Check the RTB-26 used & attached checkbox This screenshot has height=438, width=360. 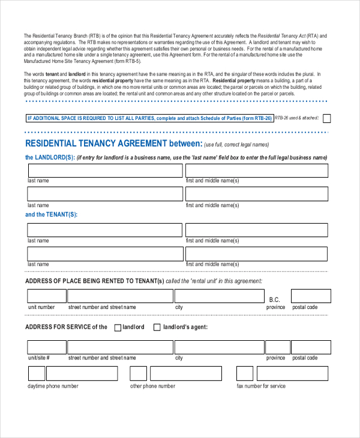click(x=326, y=118)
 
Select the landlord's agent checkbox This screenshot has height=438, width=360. click(x=157, y=327)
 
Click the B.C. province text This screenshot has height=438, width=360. click(x=275, y=299)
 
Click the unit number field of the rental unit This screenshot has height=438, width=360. click(x=47, y=296)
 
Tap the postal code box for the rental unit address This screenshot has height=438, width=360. click(x=310, y=296)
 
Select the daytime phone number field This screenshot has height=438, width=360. click(x=73, y=373)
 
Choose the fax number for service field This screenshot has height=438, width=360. click(x=293, y=373)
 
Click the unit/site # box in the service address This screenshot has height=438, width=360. click(x=47, y=347)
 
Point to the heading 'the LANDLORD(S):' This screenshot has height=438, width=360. click(x=50, y=157)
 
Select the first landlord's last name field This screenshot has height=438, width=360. click(x=104, y=170)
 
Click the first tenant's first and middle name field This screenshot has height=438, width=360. click(x=256, y=230)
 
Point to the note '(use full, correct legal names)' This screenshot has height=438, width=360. click(x=236, y=145)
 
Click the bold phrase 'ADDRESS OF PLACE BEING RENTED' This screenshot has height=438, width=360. click(x=90, y=281)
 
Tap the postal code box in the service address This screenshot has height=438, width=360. click(x=310, y=347)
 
